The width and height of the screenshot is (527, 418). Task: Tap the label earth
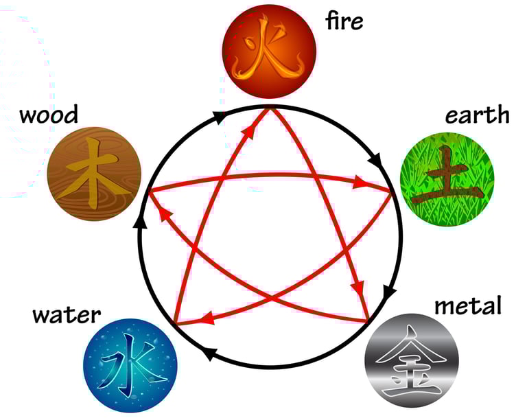click(x=477, y=115)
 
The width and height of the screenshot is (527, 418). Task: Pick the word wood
click(x=49, y=114)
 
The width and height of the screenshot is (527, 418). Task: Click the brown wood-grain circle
click(x=94, y=174)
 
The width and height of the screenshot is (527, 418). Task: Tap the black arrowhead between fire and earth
click(x=375, y=162)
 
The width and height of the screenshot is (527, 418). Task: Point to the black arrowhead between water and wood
click(x=141, y=222)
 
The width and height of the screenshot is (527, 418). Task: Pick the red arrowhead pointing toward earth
click(x=360, y=183)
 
